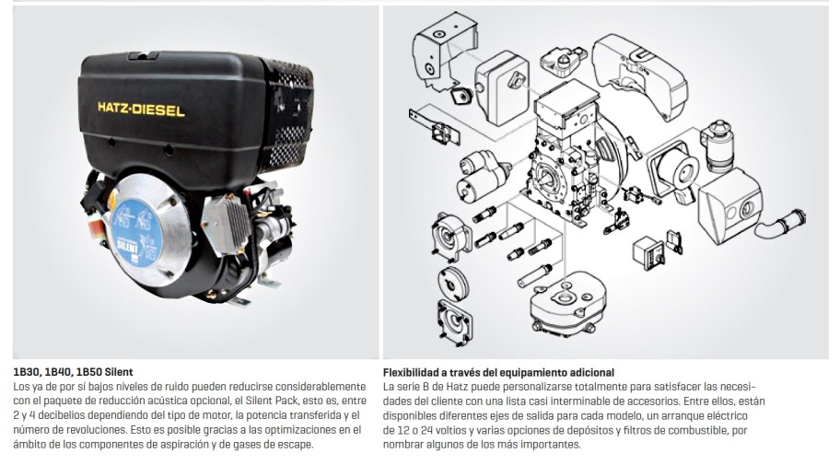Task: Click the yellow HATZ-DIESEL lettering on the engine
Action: click(142, 110)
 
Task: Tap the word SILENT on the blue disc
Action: click(127, 247)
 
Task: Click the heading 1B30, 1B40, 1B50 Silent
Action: click(73, 372)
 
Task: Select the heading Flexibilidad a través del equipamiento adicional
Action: click(499, 372)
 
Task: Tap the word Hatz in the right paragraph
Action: click(459, 387)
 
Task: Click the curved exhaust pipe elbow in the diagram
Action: click(779, 223)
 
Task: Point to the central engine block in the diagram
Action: click(568, 156)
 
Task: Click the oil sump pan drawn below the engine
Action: click(563, 303)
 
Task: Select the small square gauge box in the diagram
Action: click(648, 251)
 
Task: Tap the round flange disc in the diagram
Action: click(452, 282)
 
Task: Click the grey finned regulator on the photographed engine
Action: click(226, 227)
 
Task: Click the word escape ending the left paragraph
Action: click(297, 444)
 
